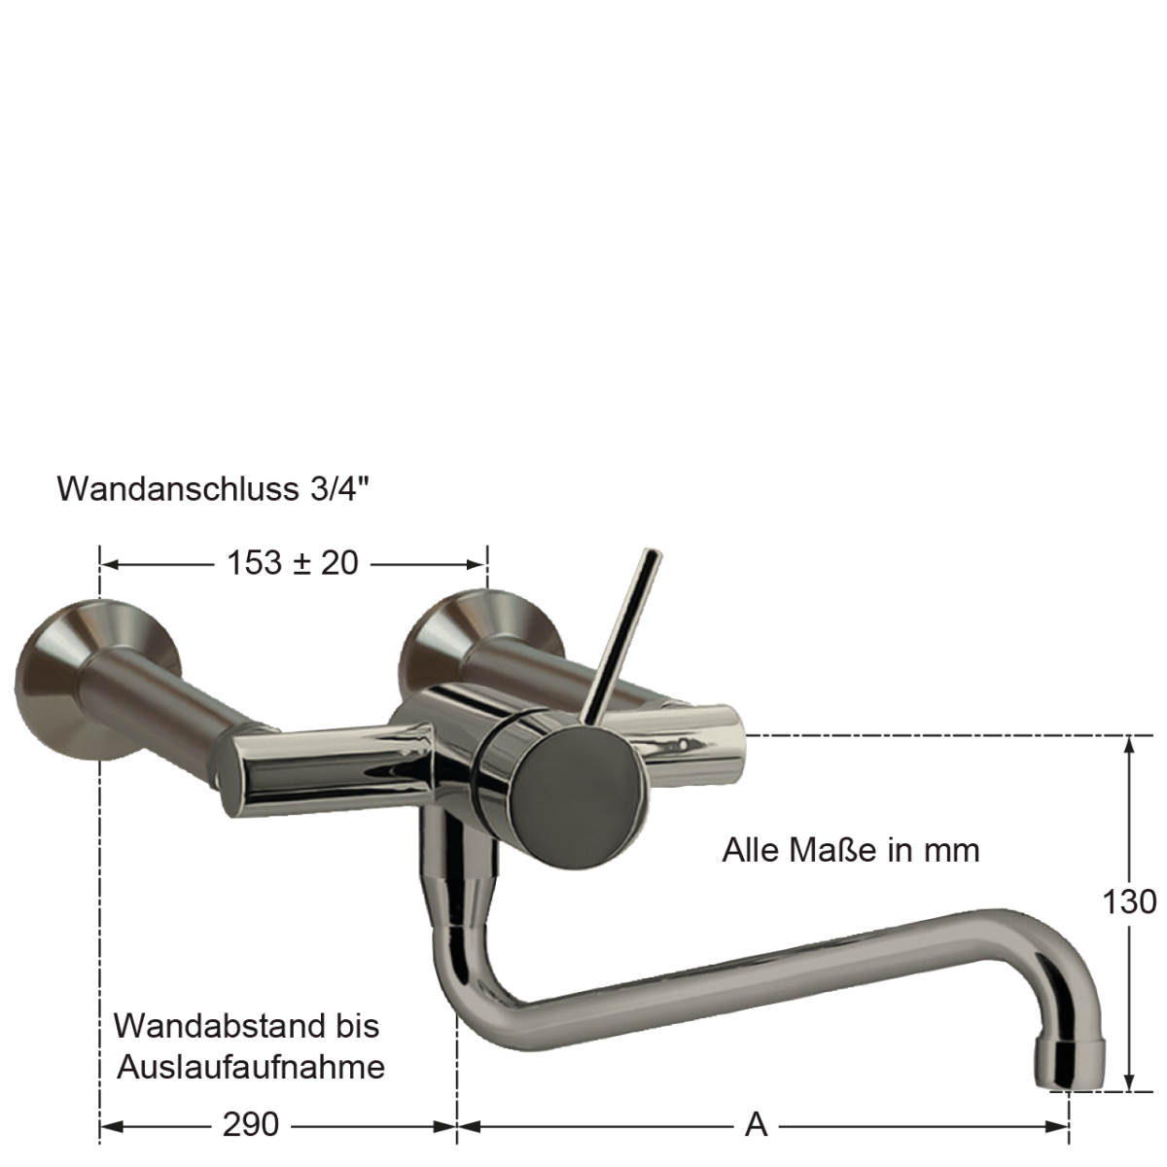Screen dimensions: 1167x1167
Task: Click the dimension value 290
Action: pos(251,1125)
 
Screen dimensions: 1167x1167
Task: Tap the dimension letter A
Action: pos(757,1125)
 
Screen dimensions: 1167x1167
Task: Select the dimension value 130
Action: pos(1129,902)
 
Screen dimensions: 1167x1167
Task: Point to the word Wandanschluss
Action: pos(178,489)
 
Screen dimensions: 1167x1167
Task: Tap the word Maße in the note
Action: pos(833,850)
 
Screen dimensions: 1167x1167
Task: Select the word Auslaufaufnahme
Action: pos(251,1067)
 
